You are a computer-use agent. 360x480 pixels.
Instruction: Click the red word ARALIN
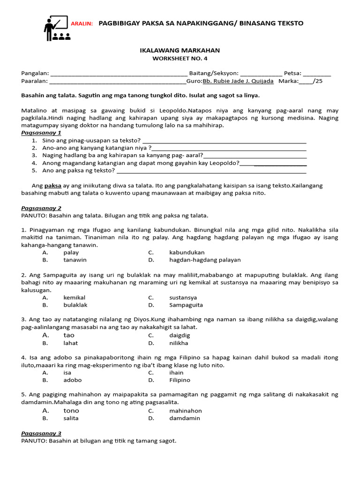[x=82, y=24]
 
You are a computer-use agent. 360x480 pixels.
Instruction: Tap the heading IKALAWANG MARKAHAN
[x=180, y=50]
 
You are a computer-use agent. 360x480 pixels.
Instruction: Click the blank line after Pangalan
[x=118, y=74]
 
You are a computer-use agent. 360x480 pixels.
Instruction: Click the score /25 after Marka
[x=318, y=81]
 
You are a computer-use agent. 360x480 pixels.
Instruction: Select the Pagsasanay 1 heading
[x=41, y=133]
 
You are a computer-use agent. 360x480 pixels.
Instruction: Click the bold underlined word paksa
[x=53, y=186]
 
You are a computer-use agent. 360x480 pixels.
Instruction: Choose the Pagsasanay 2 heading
[x=41, y=208]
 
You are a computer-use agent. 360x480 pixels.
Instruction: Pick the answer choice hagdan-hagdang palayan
[x=205, y=260]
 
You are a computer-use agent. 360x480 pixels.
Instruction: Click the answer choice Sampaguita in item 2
[x=186, y=305]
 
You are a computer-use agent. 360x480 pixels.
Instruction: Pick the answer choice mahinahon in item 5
[x=185, y=410]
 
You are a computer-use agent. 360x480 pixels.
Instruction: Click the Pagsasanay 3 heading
[x=41, y=433]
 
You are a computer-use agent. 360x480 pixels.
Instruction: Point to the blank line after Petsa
[x=317, y=74]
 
